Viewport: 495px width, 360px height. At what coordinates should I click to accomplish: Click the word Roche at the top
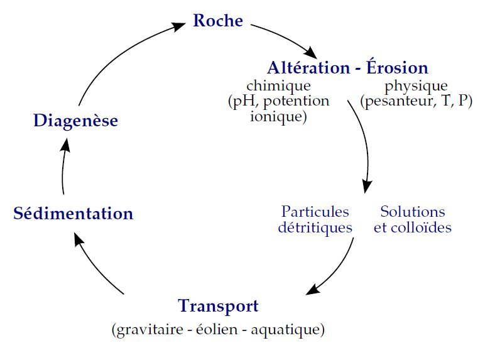217,21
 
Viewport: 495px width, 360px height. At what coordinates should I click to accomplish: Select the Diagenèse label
75,120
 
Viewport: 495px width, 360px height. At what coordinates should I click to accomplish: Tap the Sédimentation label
73,214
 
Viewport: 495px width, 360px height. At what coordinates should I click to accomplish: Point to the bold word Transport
218,307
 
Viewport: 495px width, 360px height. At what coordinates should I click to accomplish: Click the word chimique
278,85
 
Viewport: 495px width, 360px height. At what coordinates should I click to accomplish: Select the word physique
416,85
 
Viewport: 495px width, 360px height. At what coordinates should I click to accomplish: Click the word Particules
315,212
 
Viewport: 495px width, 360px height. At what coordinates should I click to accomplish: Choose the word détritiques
315,227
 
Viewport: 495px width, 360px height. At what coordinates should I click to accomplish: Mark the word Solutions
413,212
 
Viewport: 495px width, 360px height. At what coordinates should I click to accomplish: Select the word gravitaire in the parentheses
147,329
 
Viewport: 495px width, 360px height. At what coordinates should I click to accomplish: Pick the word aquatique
286,329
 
